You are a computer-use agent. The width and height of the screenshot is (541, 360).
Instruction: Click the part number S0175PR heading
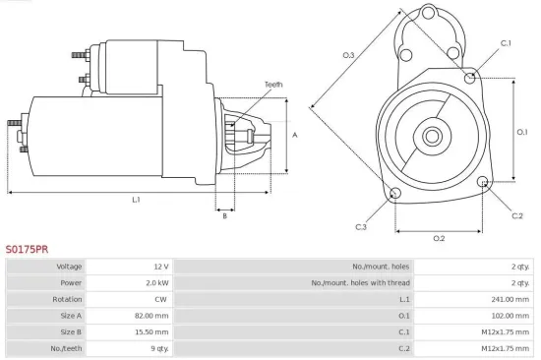(27, 250)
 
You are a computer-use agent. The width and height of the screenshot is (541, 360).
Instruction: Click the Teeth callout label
(272, 85)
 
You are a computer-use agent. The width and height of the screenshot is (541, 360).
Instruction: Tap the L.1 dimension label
(137, 200)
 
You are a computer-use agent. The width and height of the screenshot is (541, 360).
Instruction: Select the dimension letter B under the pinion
(224, 215)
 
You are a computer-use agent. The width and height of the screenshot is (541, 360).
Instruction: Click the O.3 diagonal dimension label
(348, 56)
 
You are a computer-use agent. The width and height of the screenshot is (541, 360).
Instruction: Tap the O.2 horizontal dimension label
(439, 238)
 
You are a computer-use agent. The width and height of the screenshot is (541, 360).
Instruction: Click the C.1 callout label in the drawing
(506, 43)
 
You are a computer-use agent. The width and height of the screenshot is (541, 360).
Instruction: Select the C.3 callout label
(361, 227)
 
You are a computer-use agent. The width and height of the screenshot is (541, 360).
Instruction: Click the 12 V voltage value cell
(161, 267)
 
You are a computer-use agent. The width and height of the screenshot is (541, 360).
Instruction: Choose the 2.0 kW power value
(157, 282)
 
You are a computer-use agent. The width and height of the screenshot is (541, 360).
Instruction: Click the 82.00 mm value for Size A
(153, 316)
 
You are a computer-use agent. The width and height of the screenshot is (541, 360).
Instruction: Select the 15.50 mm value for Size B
(153, 331)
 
